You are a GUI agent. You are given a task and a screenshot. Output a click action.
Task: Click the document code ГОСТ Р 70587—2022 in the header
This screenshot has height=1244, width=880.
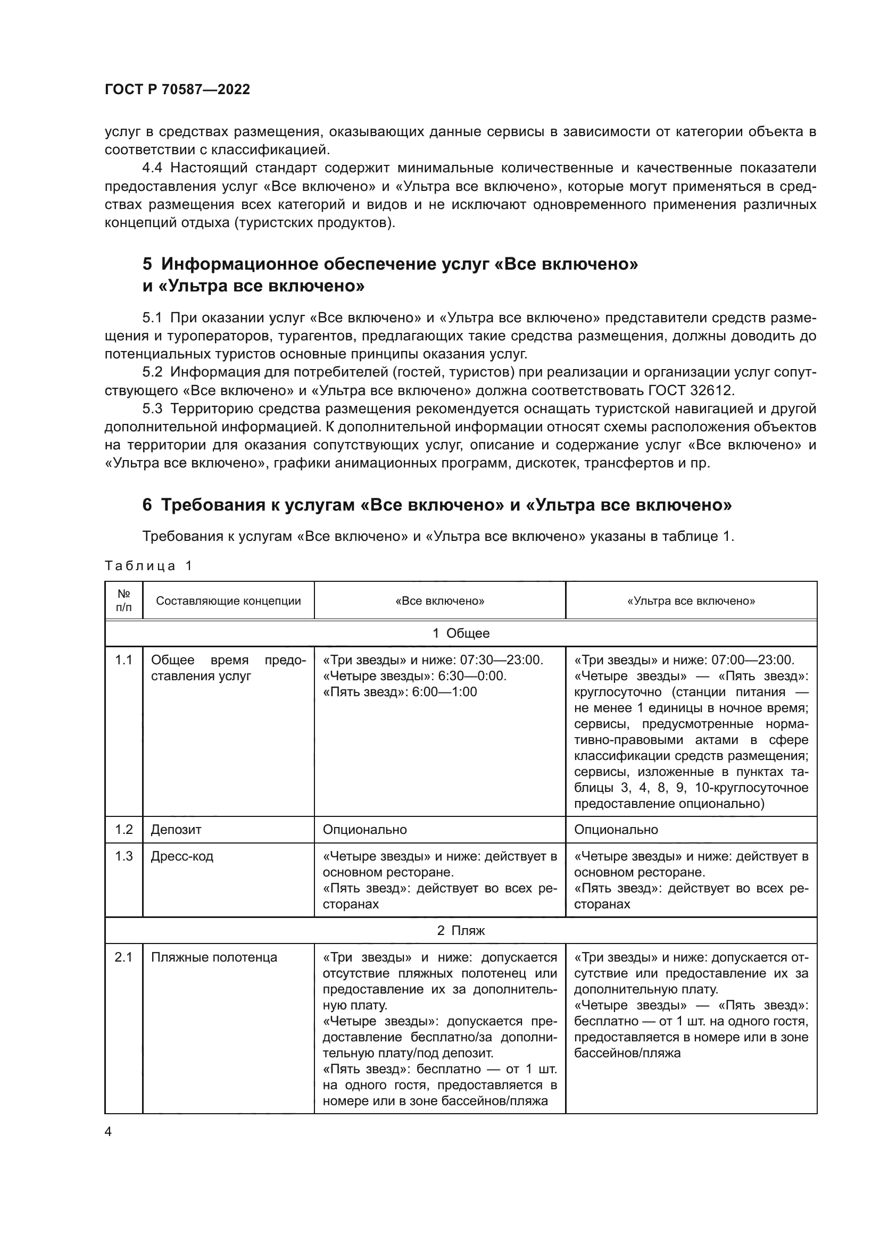point(177,89)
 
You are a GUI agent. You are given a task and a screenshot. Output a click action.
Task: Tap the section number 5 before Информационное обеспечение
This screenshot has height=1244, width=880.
point(147,264)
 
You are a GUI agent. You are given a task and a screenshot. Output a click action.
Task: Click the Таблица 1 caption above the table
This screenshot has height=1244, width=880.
point(148,566)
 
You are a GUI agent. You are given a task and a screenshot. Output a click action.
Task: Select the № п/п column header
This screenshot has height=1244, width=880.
point(123,601)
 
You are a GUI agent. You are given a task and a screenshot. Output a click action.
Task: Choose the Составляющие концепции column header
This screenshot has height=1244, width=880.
point(228,601)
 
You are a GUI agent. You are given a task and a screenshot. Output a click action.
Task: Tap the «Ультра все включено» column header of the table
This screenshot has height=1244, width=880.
point(691,601)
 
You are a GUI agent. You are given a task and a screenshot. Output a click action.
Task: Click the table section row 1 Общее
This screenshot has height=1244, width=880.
point(461,633)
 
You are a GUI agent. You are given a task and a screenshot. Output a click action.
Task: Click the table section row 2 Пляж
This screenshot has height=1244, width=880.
point(461,931)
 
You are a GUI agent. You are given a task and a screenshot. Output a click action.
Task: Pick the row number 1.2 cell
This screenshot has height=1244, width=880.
point(123,830)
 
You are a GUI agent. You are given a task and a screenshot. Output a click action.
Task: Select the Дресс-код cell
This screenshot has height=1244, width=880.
point(182,857)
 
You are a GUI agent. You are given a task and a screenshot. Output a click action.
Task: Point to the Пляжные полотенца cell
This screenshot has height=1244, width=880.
point(214,957)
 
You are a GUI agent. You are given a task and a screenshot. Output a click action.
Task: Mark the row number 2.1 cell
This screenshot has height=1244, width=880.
point(123,957)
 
